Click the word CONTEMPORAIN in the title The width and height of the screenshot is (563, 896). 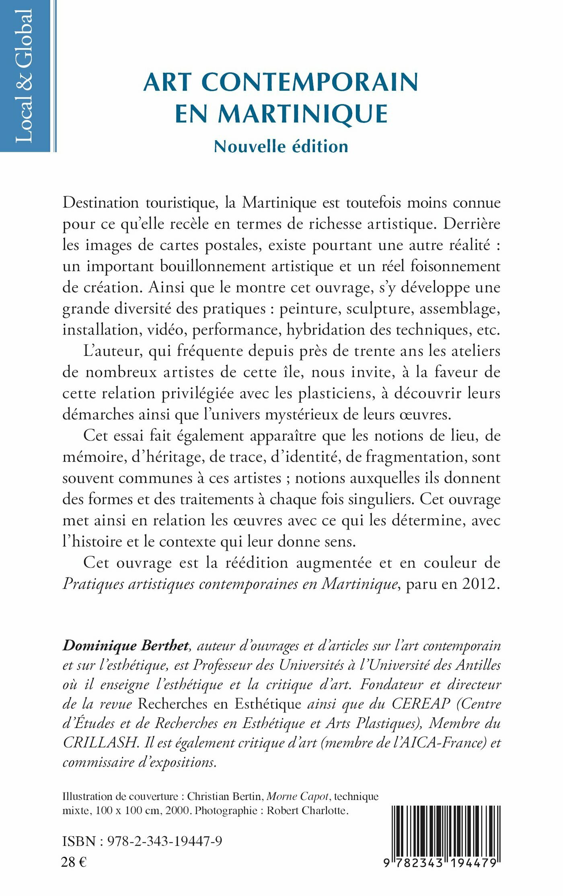[310, 82]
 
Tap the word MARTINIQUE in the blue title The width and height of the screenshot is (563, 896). [302, 114]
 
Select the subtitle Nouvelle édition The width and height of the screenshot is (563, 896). [281, 147]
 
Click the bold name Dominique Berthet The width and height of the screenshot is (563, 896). [125, 645]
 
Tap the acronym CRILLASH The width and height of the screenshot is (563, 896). [101, 743]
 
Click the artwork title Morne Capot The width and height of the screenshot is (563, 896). [298, 796]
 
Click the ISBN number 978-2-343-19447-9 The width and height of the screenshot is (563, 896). [164, 841]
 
